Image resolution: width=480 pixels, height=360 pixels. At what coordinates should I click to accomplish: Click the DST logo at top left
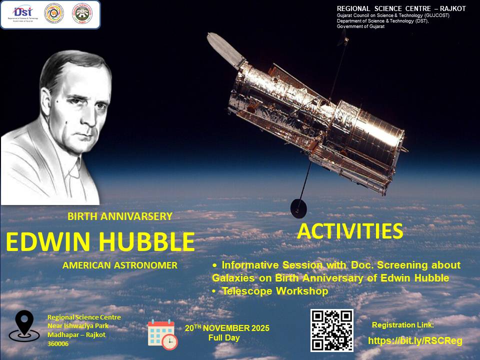[22, 14]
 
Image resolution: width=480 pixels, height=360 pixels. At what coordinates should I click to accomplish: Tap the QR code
[331, 330]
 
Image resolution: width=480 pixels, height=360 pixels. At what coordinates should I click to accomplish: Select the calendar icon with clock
[162, 334]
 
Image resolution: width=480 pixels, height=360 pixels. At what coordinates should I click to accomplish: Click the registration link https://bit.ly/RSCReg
[415, 341]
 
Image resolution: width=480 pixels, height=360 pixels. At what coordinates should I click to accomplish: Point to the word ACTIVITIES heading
[350, 231]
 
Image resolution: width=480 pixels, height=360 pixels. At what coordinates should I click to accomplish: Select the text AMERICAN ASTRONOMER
[120, 265]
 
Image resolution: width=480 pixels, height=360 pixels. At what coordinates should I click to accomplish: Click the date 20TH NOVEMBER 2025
[227, 328]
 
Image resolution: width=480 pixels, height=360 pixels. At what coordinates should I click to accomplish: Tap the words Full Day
[224, 338]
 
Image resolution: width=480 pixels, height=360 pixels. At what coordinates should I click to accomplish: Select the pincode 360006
[57, 344]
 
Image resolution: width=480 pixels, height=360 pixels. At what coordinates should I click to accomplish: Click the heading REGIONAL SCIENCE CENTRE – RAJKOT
[401, 9]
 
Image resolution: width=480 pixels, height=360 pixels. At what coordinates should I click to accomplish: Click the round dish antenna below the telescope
[299, 205]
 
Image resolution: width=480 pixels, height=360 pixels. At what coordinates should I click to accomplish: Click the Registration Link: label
[403, 325]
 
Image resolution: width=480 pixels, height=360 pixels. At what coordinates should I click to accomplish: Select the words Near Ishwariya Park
[77, 326]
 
